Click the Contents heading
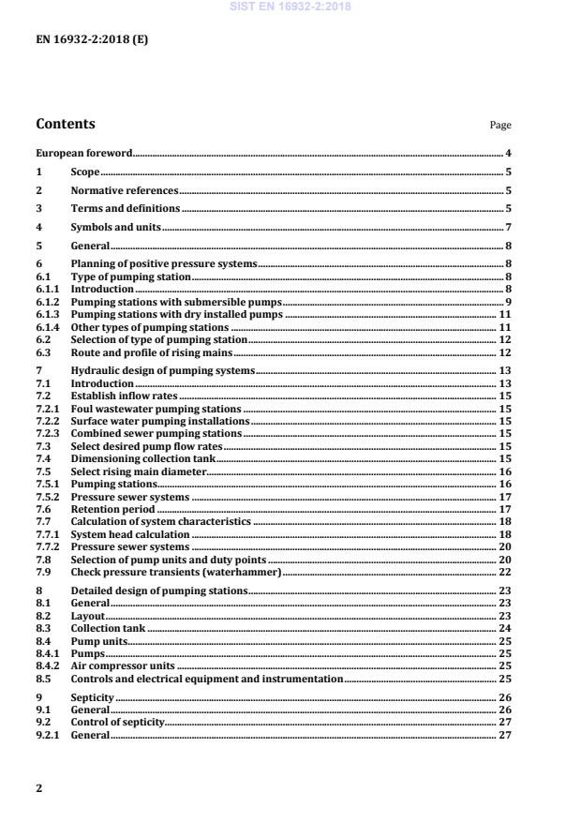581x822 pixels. point(65,124)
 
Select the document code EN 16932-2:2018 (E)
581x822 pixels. point(92,40)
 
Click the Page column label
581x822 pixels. point(500,126)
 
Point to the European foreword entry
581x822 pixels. point(83,153)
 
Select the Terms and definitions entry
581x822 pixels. point(125,208)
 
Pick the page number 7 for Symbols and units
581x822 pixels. point(508,227)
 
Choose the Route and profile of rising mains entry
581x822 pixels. point(152,352)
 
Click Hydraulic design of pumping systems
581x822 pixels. point(162,371)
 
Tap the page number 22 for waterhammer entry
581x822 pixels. point(505,572)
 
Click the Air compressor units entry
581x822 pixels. point(123,665)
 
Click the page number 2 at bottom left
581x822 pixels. point(39,788)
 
